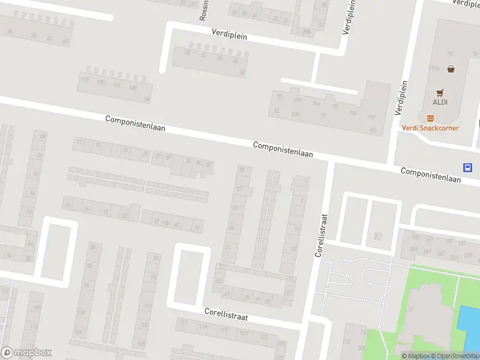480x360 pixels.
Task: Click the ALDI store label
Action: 440,102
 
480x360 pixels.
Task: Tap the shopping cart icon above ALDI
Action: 440,92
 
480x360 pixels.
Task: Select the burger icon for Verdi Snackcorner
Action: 430,118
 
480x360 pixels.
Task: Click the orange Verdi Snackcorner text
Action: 430,128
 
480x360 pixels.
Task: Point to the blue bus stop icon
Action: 467,167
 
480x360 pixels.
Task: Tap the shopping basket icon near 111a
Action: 450,68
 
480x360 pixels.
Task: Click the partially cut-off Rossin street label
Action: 203,10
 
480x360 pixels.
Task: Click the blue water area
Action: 469,324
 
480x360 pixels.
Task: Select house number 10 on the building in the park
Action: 410,310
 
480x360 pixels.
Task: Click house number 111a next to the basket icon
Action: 434,68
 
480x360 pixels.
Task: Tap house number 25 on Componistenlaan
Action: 144,154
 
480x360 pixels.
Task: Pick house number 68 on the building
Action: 42,136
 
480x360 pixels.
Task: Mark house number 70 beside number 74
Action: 67,206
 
